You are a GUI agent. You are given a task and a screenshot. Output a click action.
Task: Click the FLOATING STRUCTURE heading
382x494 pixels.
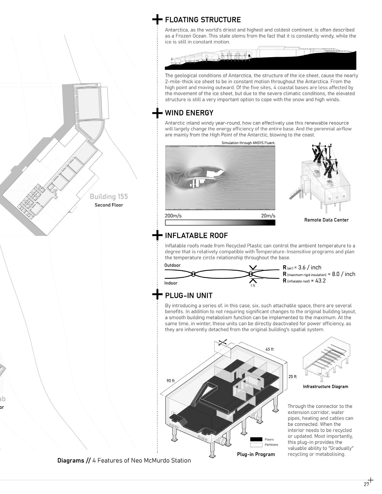tap(203, 20)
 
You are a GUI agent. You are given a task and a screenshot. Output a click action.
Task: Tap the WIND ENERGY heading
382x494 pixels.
tap(189, 113)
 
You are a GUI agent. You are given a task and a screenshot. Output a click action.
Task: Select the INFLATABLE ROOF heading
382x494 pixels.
tap(196, 235)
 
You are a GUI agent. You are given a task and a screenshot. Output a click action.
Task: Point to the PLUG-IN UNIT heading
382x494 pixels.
tap(189, 295)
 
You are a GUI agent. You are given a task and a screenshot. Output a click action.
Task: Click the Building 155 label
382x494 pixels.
tap(109, 197)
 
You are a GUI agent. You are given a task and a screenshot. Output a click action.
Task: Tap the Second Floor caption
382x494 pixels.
tap(109, 205)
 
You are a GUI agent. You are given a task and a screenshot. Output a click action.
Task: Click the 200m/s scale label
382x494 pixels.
tap(173, 216)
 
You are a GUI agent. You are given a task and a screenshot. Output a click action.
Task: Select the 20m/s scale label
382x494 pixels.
tap(268, 216)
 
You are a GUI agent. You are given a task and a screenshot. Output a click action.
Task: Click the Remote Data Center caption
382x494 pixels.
tap(326, 220)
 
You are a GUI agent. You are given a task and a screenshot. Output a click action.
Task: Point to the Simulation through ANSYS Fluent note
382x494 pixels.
tap(248, 143)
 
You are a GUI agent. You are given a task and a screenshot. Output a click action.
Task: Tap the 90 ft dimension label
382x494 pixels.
tap(171, 381)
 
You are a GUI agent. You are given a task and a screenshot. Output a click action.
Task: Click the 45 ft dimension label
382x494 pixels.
tap(269, 349)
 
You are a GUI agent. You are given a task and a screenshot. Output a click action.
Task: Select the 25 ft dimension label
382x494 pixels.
tap(292, 377)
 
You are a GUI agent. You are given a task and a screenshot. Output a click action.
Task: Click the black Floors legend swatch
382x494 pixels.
tap(256, 439)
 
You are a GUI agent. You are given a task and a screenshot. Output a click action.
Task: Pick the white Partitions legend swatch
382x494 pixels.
tap(256, 445)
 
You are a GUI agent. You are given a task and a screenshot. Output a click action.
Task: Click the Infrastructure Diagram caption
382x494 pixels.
tap(326, 387)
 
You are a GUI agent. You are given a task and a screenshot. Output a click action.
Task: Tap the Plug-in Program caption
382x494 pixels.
tap(256, 454)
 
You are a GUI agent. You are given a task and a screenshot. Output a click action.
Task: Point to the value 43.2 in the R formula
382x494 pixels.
tap(320, 281)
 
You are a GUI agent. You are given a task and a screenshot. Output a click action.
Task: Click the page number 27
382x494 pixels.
tap(366, 484)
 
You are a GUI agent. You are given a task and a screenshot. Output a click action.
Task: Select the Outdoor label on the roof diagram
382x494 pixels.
tap(172, 265)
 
